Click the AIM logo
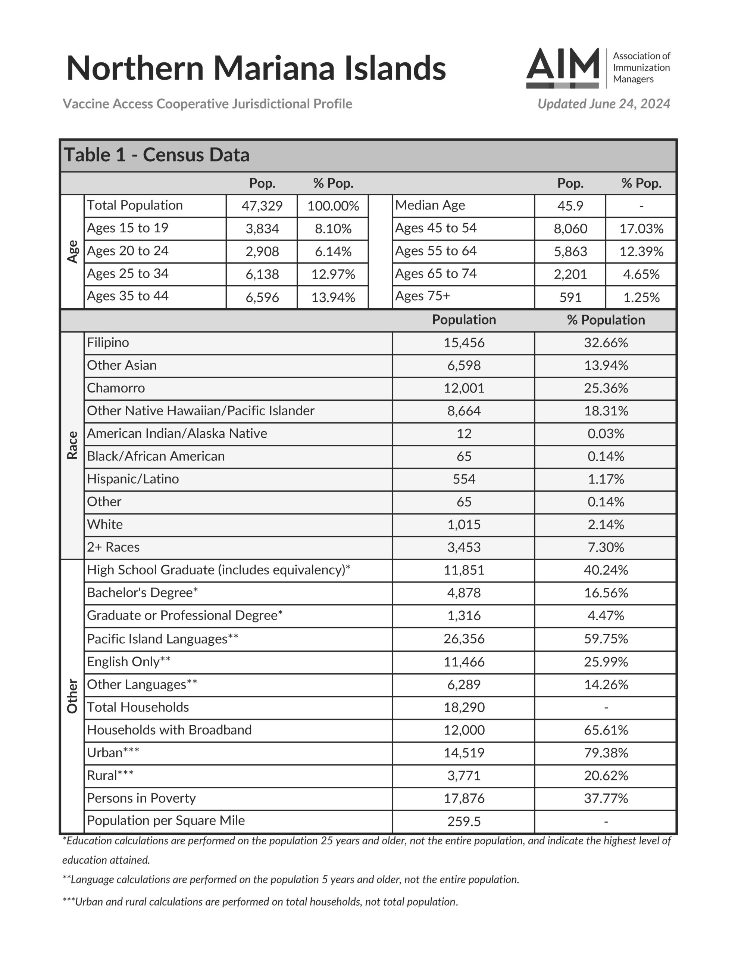point(563,68)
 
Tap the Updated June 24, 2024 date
point(603,104)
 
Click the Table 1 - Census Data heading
point(157,155)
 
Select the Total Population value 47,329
point(262,206)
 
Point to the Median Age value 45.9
point(570,206)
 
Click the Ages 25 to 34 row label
point(128,274)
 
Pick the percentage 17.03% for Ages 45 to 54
point(641,229)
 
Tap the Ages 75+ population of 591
point(570,297)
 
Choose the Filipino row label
point(108,342)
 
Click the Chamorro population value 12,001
point(464,388)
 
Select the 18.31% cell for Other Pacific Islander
point(606,410)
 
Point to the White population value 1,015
point(464,524)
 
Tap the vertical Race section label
point(72,445)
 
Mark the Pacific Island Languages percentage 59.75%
point(606,639)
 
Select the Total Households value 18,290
point(464,707)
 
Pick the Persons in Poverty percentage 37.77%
point(606,798)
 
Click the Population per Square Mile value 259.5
point(464,821)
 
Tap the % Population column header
point(606,320)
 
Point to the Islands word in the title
point(395,68)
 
